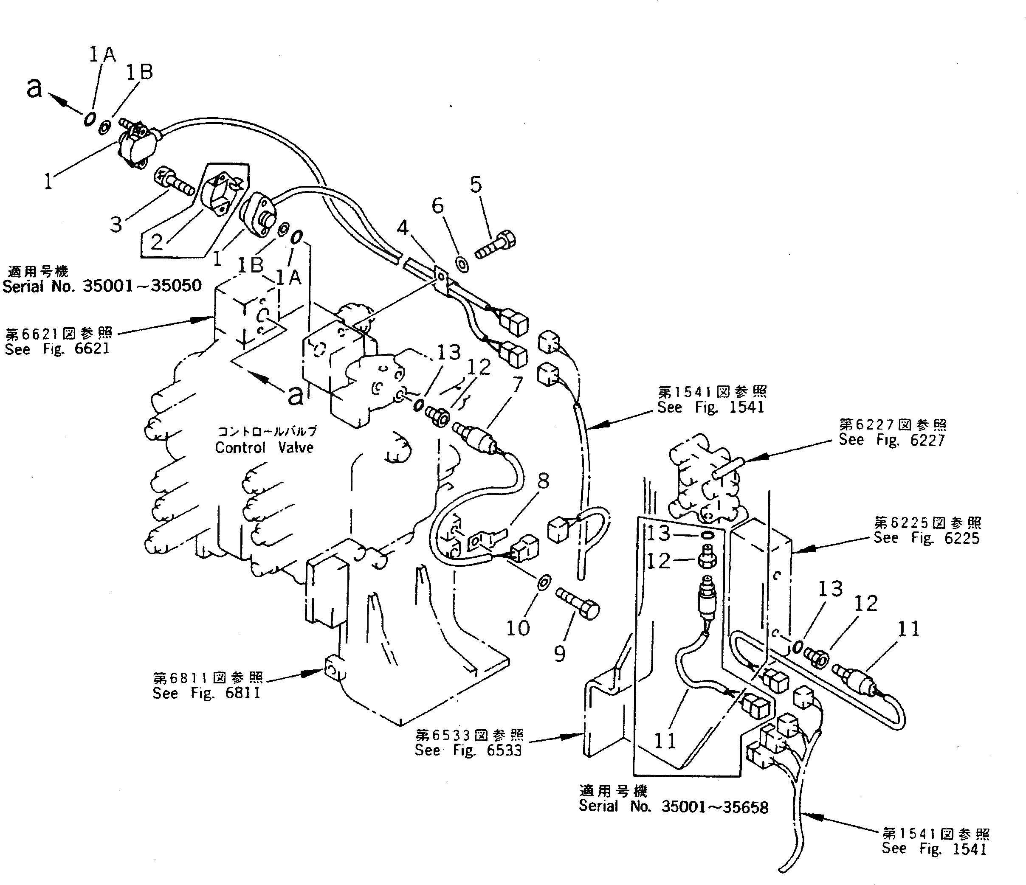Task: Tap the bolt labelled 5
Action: [x=496, y=245]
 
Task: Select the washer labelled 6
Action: [x=462, y=264]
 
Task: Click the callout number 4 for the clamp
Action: [x=403, y=228]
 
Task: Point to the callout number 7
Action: [x=517, y=384]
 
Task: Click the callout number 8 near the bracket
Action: [x=543, y=480]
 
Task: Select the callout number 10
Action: [x=517, y=628]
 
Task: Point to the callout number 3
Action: [x=116, y=224]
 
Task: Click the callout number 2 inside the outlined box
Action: [x=156, y=242]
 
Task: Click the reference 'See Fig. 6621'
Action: [x=57, y=348]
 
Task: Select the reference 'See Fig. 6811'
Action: [x=206, y=693]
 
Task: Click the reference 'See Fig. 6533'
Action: [x=468, y=750]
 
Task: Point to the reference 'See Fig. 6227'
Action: [x=891, y=440]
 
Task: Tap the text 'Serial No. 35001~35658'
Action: [x=674, y=807]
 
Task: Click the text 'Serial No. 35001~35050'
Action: [x=102, y=286]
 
